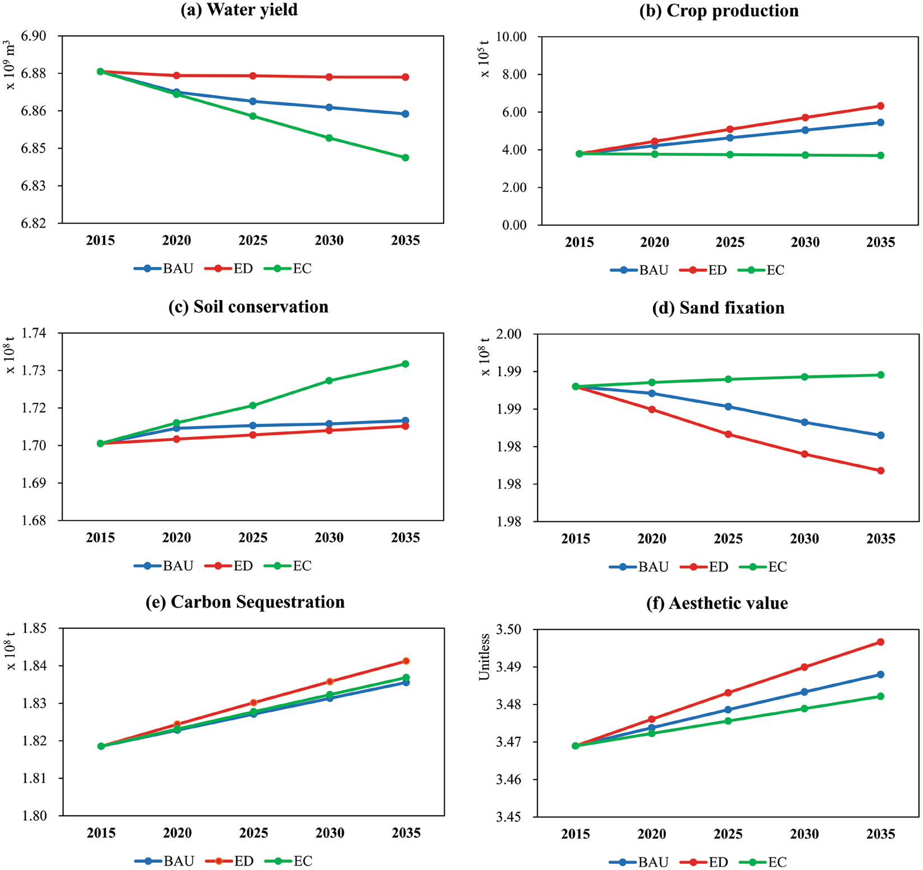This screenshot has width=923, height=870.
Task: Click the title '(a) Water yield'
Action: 239,10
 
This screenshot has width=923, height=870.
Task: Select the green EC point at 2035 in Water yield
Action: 406,158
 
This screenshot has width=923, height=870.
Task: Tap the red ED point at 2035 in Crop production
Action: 880,106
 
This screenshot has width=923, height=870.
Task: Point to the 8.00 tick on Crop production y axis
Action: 516,74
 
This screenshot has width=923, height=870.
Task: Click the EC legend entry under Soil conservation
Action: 292,566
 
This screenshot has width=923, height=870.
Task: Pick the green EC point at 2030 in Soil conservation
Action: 329,380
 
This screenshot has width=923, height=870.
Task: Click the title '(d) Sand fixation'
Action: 718,308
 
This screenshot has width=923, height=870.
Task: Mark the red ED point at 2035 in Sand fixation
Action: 880,471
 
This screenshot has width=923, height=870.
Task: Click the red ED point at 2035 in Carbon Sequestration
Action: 406,661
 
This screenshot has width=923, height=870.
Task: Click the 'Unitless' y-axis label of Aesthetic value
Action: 484,657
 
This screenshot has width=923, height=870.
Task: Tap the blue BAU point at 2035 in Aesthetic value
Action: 880,674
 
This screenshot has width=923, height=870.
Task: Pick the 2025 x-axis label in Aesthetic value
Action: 728,834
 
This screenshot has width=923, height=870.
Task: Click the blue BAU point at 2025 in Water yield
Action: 253,101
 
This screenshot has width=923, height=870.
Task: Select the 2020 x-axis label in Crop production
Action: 654,242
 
